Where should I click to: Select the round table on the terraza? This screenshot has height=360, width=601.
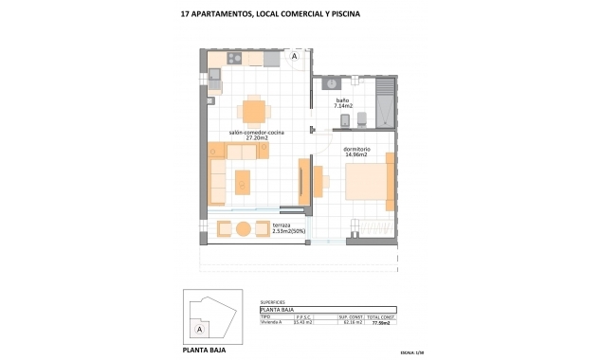[244, 229]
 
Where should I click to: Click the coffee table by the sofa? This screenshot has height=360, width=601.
[244, 179]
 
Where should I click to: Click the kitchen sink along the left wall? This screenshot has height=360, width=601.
[213, 93]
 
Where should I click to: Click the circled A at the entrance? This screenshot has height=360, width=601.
[295, 57]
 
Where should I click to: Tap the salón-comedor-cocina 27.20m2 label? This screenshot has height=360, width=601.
[251, 135]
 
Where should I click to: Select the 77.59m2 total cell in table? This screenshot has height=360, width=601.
[381, 323]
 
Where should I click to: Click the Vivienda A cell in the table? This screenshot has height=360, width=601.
[272, 323]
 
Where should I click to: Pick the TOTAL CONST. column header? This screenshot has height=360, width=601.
[381, 316]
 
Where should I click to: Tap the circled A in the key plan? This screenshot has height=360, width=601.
[200, 329]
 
